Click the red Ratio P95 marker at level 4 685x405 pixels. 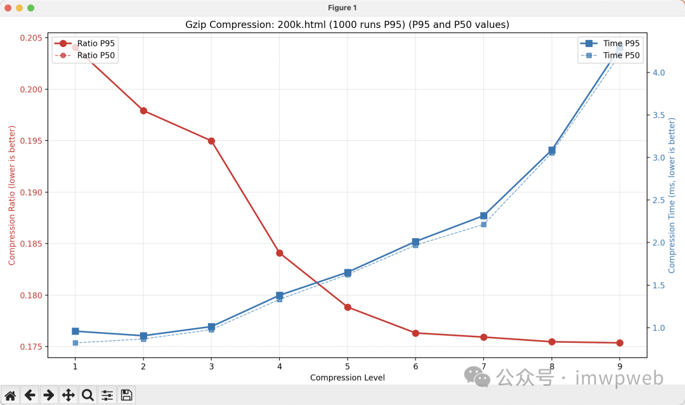[279, 253]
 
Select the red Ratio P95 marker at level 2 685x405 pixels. [143, 110]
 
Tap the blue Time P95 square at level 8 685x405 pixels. [552, 150]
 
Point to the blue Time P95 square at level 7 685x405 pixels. [483, 216]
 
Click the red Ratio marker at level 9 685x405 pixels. [620, 343]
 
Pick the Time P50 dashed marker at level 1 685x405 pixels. [75, 343]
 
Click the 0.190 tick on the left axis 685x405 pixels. [31, 192]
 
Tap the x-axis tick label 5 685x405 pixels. [348, 366]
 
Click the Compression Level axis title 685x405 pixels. [347, 378]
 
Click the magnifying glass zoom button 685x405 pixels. [88, 395]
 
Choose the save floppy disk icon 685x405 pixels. [126, 395]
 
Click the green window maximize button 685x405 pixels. [30, 8]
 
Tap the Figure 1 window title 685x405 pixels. [342, 8]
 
